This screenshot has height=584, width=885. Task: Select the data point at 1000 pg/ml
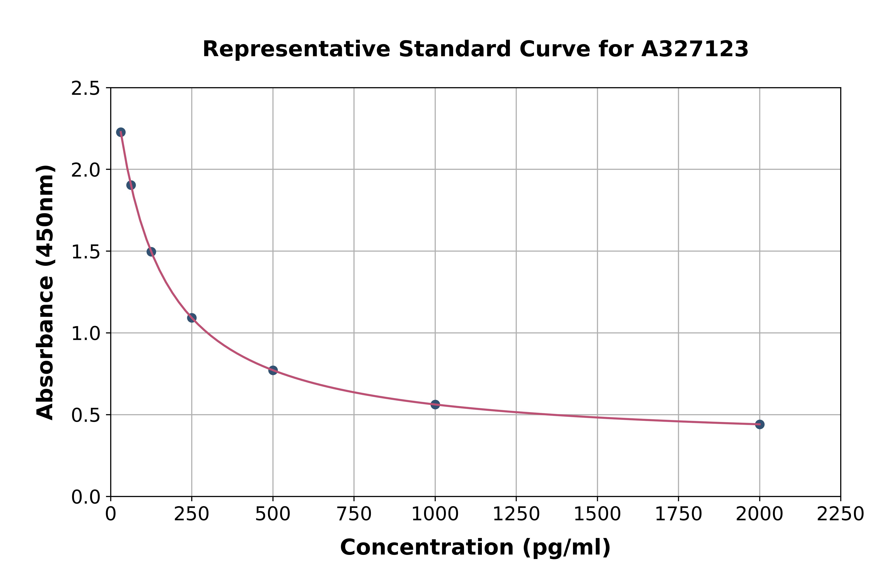click(x=435, y=404)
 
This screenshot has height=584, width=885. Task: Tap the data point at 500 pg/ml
click(x=273, y=370)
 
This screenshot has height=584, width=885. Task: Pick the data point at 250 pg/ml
click(x=192, y=318)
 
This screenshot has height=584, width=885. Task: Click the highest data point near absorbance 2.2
click(x=121, y=132)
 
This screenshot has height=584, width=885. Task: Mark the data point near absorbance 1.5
click(x=151, y=252)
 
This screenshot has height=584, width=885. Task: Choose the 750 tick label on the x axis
click(x=354, y=514)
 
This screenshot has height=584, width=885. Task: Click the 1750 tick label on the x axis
click(x=678, y=514)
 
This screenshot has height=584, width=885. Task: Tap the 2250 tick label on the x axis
click(x=840, y=514)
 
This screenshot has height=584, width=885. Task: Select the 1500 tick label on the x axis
click(x=597, y=514)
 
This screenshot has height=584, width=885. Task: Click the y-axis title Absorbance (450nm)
click(x=45, y=292)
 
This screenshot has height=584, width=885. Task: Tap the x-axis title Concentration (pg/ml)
click(x=475, y=547)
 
